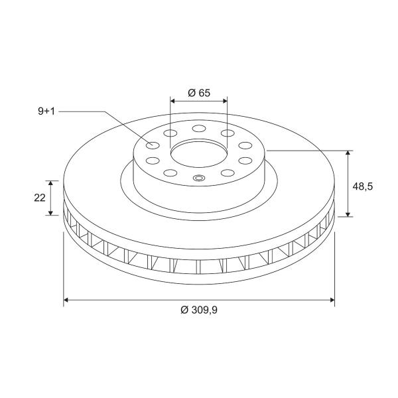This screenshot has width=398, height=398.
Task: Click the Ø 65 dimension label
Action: coord(199,93)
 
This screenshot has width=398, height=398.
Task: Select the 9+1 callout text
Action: coord(46,111)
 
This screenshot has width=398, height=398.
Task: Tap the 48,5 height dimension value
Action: coord(363,186)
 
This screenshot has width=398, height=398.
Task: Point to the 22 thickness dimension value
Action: coord(40,198)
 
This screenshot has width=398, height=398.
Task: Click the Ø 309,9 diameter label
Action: coord(199,310)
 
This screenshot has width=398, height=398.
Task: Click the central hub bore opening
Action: coord(199,154)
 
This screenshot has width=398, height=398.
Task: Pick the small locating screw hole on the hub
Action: coord(199,178)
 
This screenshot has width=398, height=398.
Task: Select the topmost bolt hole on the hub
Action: coord(199,129)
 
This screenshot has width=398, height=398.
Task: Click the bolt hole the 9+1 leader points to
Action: coord(153,145)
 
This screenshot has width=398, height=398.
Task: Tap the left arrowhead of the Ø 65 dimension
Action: coord(173,101)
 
